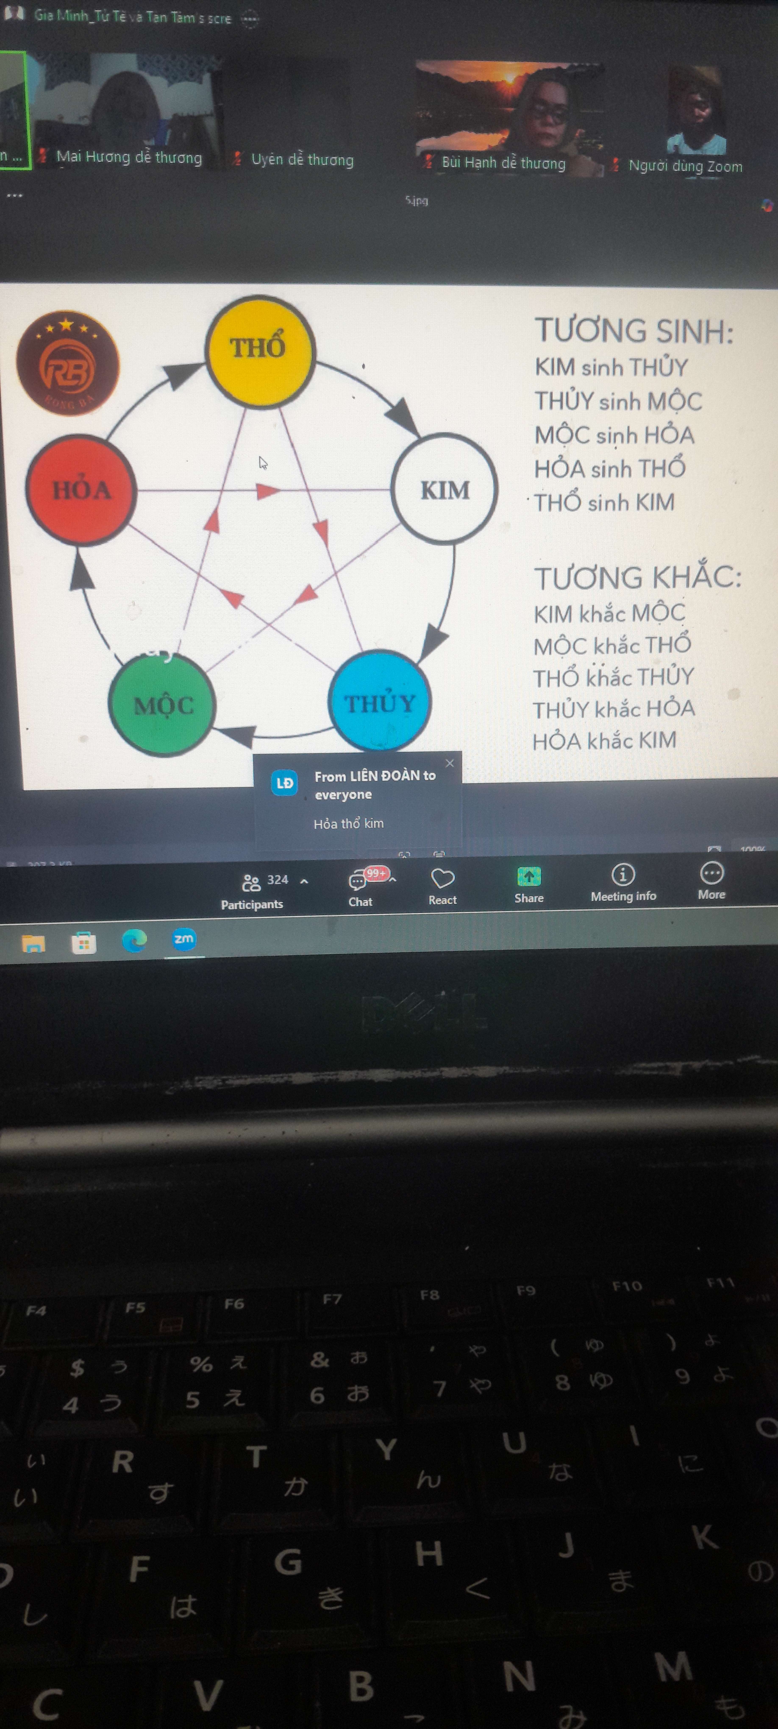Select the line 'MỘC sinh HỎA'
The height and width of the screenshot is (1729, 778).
(614, 435)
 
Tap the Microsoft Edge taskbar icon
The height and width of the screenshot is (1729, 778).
(134, 940)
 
